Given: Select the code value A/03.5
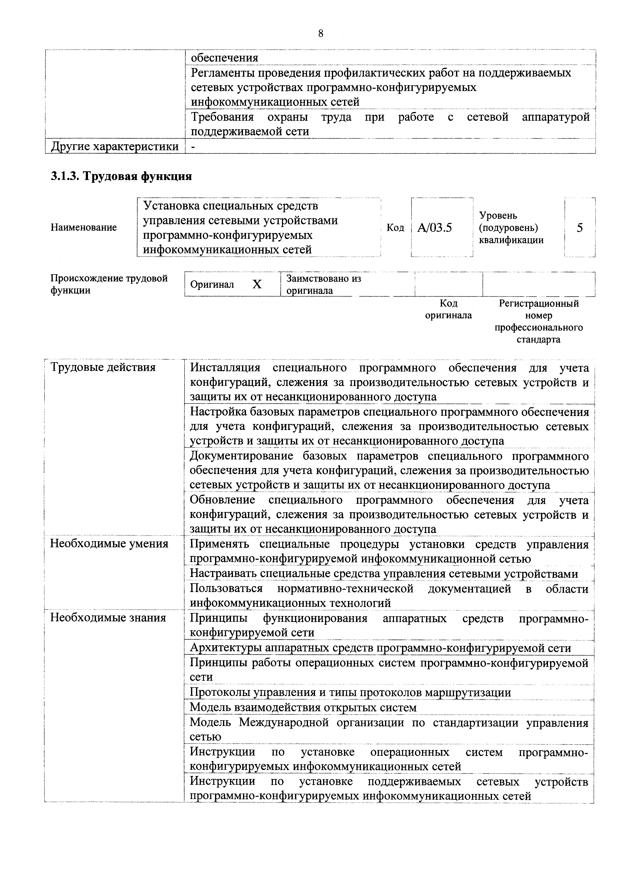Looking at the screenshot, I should [x=434, y=228].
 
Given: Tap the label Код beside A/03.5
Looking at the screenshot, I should [x=395, y=228].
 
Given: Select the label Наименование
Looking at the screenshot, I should [x=84, y=228].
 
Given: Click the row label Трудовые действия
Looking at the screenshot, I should [x=103, y=367].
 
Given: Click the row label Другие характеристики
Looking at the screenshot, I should [x=114, y=146].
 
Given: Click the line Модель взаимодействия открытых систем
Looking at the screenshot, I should [x=303, y=707].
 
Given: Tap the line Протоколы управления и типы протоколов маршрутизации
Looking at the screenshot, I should [x=350, y=692].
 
